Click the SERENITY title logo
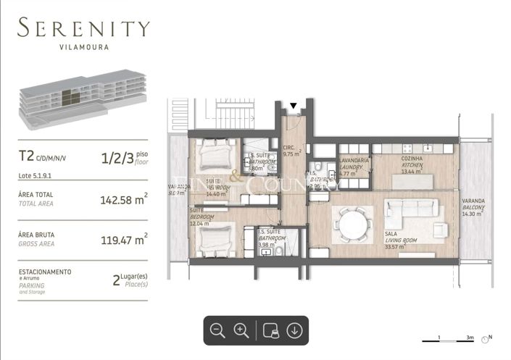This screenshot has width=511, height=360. coord(84,29)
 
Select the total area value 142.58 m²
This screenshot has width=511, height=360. coord(124,199)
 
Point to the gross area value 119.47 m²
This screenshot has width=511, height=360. coord(124,239)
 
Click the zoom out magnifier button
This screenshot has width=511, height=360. coord(217,330)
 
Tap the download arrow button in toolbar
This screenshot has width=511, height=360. coord(294,330)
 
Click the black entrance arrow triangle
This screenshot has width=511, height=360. coord(293,106)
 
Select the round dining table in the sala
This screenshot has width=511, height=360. coord(352,219)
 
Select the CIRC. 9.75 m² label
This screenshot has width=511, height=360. coord(292,151)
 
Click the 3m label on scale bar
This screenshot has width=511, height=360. coord(470,338)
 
